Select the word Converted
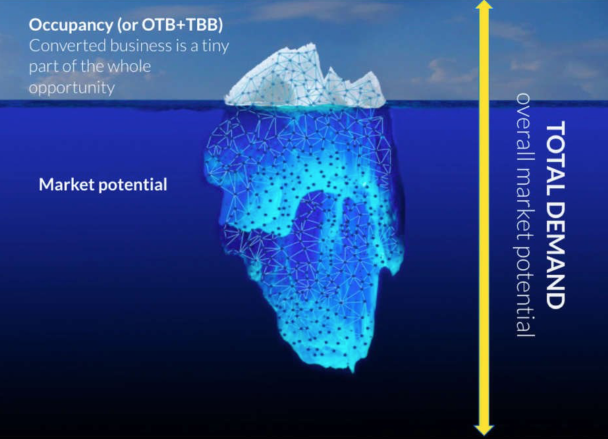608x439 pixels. [67, 45]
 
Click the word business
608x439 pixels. [141, 45]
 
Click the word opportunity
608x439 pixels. [72, 88]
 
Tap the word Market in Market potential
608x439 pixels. [67, 184]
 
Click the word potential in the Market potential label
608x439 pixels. [132, 185]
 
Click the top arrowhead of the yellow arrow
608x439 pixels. [484, 5]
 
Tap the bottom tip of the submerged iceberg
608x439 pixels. [352, 372]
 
